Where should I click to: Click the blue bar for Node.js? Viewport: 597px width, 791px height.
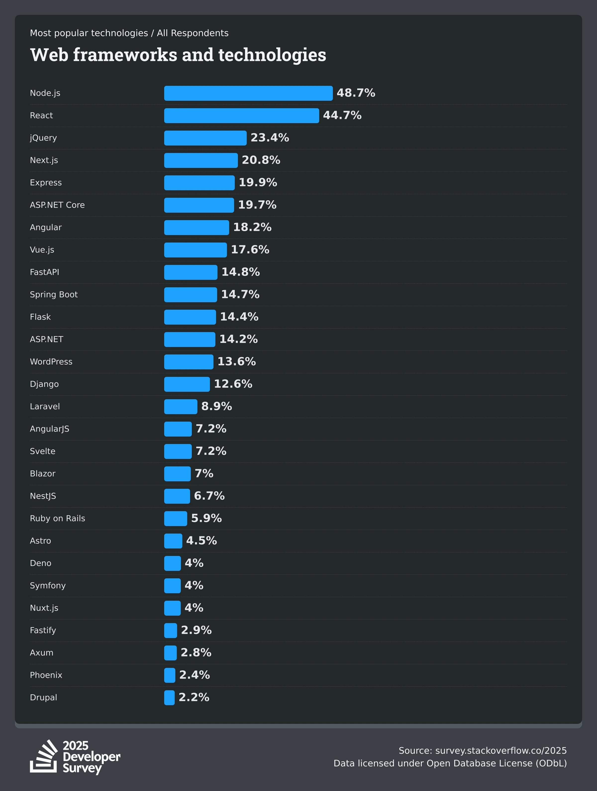(248, 93)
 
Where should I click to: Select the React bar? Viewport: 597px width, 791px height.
(242, 115)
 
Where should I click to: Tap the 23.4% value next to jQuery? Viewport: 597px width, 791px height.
(270, 138)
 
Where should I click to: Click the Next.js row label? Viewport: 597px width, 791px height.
(44, 160)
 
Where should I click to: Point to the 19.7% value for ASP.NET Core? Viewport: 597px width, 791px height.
(257, 205)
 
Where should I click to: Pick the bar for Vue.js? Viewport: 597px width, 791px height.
(195, 250)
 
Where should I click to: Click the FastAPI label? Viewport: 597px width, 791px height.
(44, 272)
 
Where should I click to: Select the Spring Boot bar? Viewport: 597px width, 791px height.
(190, 295)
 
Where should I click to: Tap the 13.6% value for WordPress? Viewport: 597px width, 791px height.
(237, 361)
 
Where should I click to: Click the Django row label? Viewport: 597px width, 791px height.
(44, 384)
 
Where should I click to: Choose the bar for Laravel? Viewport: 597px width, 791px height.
(181, 407)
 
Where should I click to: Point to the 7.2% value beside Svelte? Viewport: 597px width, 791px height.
(211, 451)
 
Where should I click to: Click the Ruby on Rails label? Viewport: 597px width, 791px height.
(57, 519)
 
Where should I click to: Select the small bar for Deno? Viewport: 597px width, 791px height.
(172, 563)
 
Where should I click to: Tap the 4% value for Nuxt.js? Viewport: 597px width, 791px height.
(194, 608)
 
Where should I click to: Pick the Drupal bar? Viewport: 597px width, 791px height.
(169, 698)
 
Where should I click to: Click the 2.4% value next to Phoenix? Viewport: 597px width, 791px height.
(194, 675)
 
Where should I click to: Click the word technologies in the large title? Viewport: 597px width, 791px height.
(272, 55)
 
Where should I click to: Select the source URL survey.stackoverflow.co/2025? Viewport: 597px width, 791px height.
(501, 751)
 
